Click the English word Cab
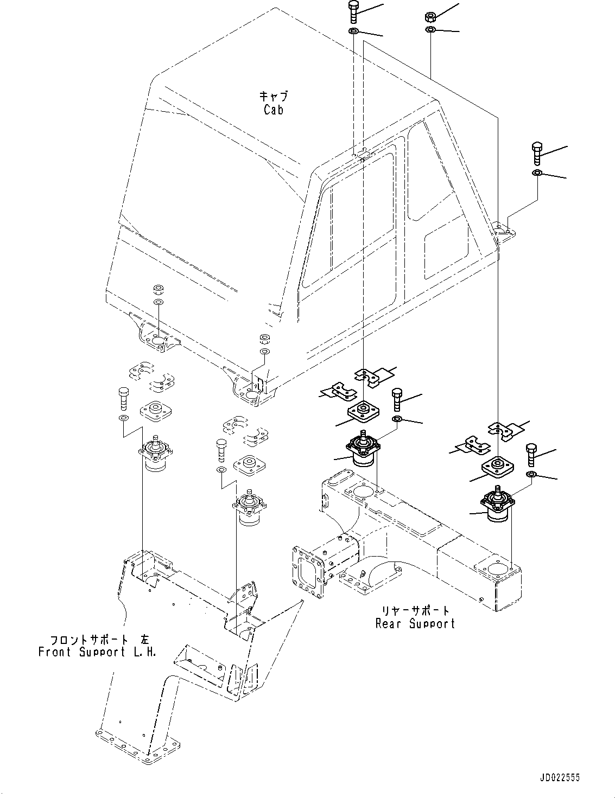(274, 110)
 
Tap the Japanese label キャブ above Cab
(274, 97)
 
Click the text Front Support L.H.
(97, 652)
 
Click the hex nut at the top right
(429, 17)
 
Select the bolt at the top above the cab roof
(353, 12)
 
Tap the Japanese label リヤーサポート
(415, 610)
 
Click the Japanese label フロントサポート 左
(97, 639)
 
